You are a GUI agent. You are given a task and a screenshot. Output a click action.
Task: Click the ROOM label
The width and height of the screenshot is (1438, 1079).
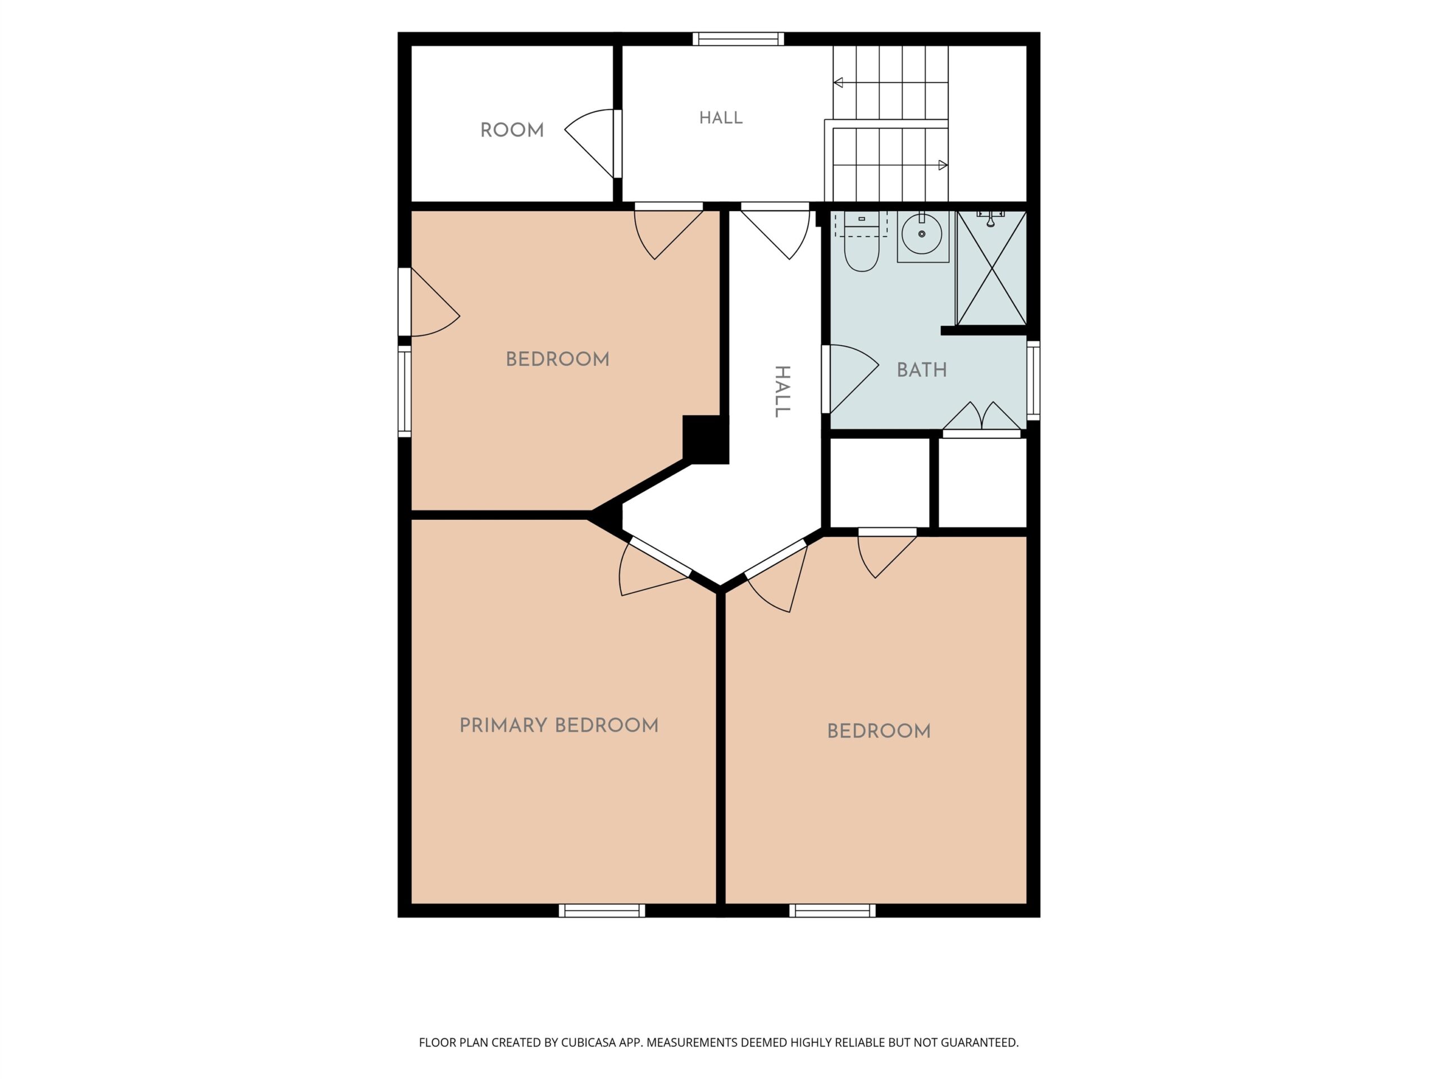[512, 130]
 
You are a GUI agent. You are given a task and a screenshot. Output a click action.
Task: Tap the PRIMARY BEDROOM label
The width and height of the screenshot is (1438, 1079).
[559, 725]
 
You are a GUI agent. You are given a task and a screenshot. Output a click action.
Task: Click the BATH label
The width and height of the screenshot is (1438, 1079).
[921, 370]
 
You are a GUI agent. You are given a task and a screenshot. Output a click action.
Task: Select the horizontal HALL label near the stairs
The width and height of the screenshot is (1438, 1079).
[720, 117]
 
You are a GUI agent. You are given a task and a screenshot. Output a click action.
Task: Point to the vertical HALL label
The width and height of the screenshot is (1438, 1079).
[782, 391]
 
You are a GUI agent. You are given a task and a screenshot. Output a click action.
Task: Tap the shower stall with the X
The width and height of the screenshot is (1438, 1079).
[991, 268]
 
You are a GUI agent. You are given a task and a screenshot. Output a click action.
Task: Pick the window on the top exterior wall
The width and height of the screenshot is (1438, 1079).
[738, 39]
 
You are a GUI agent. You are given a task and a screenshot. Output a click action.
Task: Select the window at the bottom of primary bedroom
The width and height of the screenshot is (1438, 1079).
[602, 910]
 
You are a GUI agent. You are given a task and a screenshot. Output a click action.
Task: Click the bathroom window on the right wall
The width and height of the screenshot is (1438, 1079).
[1033, 380]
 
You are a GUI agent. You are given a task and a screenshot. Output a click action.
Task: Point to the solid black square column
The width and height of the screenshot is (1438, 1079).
[706, 439]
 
